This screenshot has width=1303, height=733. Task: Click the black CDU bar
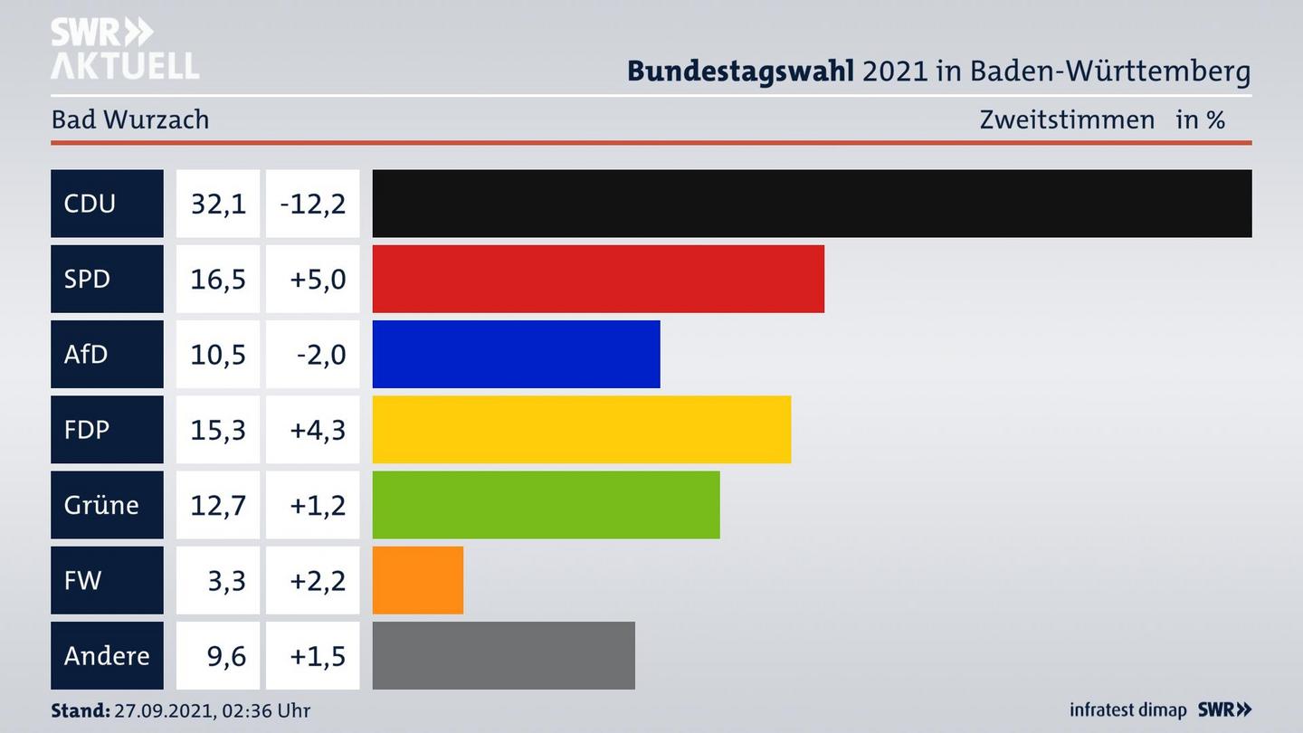[812, 204]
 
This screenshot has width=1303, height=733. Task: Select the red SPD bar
[598, 279]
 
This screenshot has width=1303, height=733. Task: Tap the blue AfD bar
[516, 354]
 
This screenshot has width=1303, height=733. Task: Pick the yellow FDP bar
[581, 430]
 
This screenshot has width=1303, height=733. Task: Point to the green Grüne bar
[546, 505]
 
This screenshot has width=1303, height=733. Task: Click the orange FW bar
[417, 580]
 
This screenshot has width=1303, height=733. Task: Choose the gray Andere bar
[503, 655]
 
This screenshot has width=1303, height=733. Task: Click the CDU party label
[90, 204]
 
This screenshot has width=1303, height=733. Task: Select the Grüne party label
[100, 505]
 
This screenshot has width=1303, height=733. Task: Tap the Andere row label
[106, 655]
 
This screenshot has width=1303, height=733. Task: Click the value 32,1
[218, 204]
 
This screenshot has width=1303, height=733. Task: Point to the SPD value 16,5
[218, 279]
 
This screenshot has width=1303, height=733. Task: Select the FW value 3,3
[226, 580]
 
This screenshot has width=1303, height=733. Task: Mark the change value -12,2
[313, 204]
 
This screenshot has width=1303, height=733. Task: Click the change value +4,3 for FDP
[318, 430]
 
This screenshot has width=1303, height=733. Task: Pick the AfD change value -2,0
[320, 354]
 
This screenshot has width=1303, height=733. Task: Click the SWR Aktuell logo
[125, 49]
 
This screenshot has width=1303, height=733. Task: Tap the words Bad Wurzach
[130, 119]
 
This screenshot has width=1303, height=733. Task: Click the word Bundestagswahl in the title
[740, 71]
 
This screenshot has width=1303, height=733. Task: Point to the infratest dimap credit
[1127, 710]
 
